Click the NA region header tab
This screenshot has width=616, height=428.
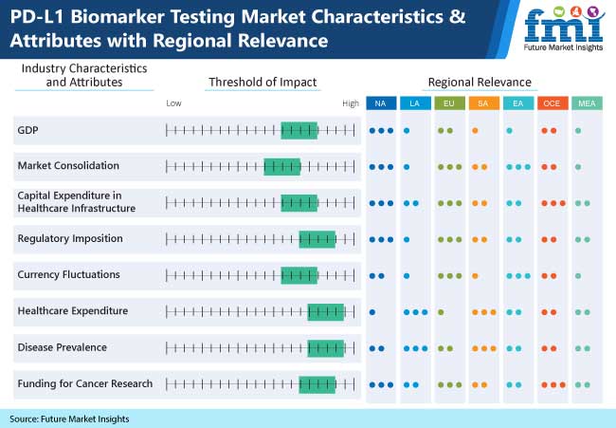click(x=381, y=103)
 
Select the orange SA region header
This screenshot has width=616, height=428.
click(x=483, y=103)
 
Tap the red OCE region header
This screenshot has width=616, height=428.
click(x=553, y=103)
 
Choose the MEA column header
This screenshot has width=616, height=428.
click(x=587, y=103)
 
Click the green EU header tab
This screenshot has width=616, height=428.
click(x=449, y=103)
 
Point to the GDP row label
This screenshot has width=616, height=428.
click(x=27, y=130)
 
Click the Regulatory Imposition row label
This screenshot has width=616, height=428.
click(x=70, y=239)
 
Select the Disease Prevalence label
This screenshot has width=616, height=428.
click(x=62, y=347)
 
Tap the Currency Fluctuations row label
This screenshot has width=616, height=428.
click(x=69, y=274)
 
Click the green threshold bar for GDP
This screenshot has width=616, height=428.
click(x=299, y=131)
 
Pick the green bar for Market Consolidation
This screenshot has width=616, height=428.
click(x=282, y=167)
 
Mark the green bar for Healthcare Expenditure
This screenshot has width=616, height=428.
click(x=326, y=312)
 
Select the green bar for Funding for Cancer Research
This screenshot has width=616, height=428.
click(x=317, y=384)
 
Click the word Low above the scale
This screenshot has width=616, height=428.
click(x=173, y=103)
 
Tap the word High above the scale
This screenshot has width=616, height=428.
click(x=351, y=103)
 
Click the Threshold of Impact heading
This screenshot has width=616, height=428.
click(x=263, y=83)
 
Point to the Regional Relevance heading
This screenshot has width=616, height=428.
click(x=480, y=83)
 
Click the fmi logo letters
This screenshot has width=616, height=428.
click(x=564, y=26)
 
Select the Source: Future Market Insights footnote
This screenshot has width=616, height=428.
click(x=69, y=419)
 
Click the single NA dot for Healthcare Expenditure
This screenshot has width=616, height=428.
click(x=372, y=312)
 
